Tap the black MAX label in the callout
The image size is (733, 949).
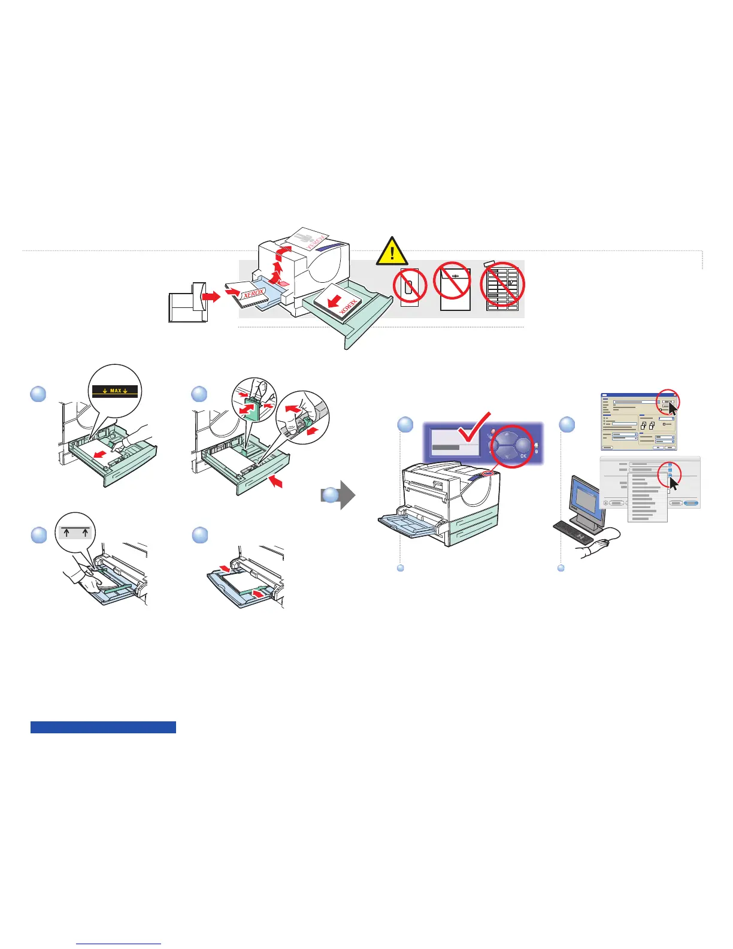pos(116,391)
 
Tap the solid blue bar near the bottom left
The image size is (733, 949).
pos(103,727)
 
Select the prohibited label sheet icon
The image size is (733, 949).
pos(502,288)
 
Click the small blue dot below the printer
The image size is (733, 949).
pos(401,568)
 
